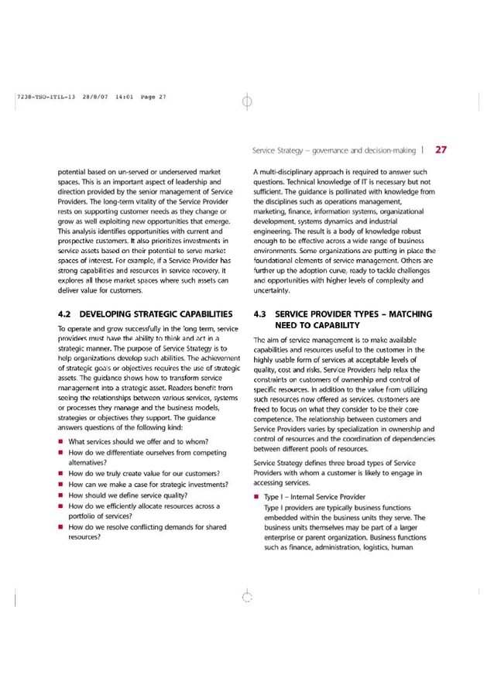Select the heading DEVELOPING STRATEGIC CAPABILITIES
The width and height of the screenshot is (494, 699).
[x=156, y=314]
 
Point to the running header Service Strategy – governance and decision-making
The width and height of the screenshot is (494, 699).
[x=334, y=150]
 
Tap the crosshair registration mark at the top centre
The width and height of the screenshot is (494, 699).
[x=246, y=100]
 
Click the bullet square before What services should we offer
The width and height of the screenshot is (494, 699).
[x=60, y=442]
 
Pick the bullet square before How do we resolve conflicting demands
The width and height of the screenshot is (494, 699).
[x=60, y=527]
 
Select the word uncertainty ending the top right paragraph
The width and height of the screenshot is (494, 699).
[x=272, y=290]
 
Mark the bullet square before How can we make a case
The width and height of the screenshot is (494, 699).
[x=60, y=485]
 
